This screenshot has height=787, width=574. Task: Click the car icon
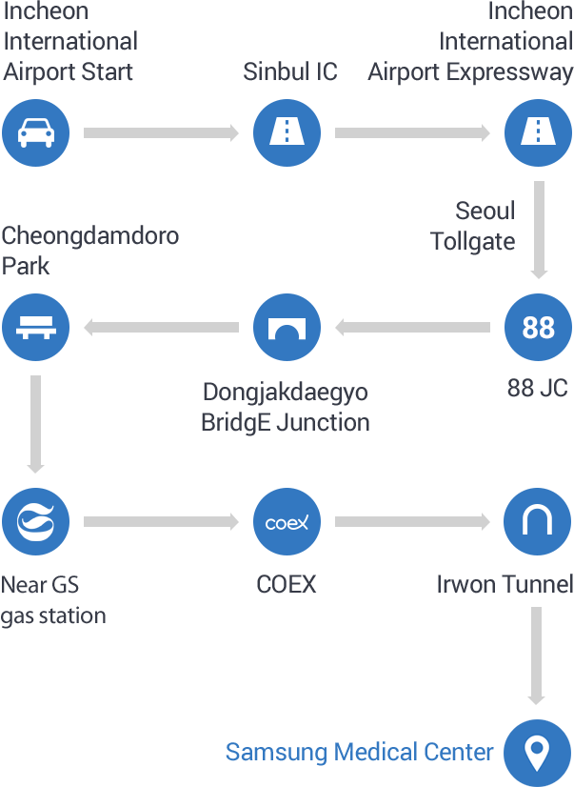(x=36, y=133)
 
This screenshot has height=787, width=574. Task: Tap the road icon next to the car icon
(x=287, y=133)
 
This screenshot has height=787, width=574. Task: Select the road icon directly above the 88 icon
(x=538, y=133)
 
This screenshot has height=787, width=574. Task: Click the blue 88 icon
(x=538, y=327)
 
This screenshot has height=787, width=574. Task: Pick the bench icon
(x=36, y=327)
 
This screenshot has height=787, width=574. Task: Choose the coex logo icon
(x=287, y=522)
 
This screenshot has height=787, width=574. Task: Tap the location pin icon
(x=537, y=753)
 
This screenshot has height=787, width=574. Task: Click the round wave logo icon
(x=36, y=522)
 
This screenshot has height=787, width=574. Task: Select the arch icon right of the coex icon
(x=538, y=522)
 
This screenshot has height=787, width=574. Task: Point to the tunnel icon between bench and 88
(x=287, y=327)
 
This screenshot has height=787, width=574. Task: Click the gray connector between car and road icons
(x=161, y=133)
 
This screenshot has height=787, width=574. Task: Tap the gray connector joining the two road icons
(x=412, y=133)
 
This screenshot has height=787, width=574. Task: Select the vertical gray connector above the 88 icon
(x=539, y=230)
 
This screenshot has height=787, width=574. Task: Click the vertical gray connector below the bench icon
(x=35, y=424)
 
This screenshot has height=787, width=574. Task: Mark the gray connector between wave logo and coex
(x=161, y=522)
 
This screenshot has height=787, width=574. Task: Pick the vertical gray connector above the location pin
(x=536, y=656)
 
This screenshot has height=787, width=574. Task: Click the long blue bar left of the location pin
(x=360, y=753)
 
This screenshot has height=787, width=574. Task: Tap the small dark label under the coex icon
(x=287, y=584)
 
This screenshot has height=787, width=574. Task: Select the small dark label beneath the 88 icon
(x=537, y=388)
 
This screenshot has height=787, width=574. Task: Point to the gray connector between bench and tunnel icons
(x=162, y=328)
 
